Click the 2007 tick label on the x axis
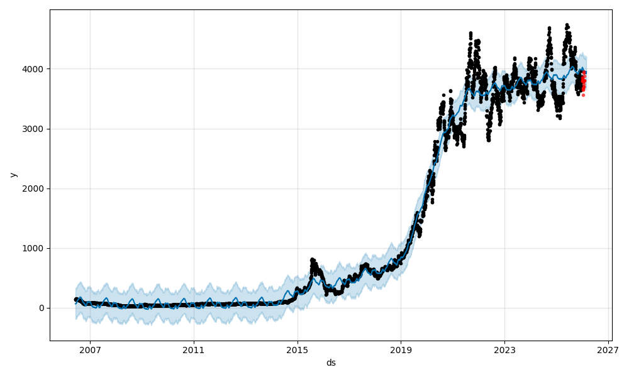click(90, 351)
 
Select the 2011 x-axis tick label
click(194, 351)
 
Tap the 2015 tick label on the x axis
click(298, 351)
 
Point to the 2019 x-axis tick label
click(401, 351)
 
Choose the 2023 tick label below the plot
click(504, 351)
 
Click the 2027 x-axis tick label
click(608, 351)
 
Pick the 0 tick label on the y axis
click(42, 308)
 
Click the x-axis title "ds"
click(331, 363)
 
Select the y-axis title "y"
click(13, 175)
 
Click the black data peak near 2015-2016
click(313, 260)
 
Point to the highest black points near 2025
click(567, 26)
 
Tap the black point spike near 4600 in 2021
click(470, 34)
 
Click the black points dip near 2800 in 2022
click(488, 139)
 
